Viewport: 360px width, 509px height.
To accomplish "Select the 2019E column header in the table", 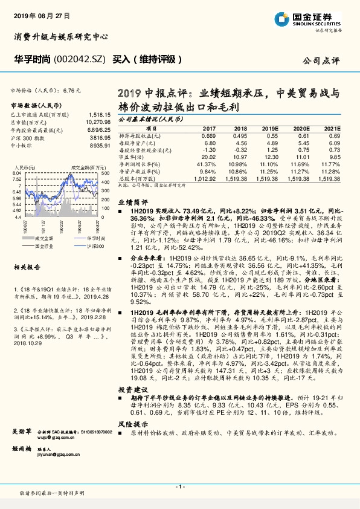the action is (270, 129).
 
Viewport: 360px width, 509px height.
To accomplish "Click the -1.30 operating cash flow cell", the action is (208, 150).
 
